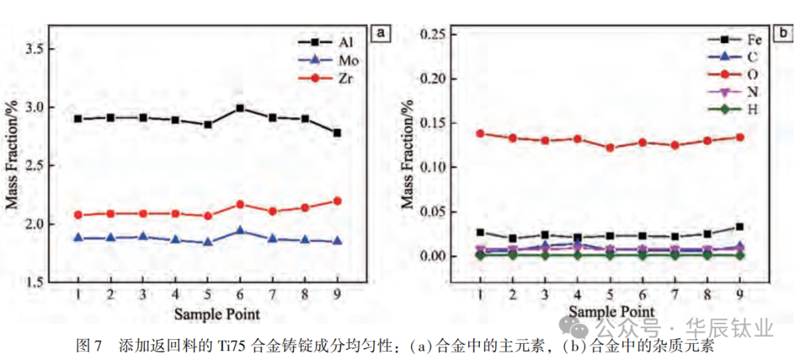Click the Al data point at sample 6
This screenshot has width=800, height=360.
(240, 108)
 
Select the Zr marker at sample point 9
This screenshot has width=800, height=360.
(338, 201)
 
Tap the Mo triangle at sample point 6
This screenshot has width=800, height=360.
(240, 230)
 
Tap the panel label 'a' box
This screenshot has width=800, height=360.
(381, 33)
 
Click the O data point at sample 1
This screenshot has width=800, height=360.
(480, 133)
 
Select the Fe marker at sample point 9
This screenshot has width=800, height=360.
(739, 227)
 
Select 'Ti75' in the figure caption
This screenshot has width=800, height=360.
(230, 345)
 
